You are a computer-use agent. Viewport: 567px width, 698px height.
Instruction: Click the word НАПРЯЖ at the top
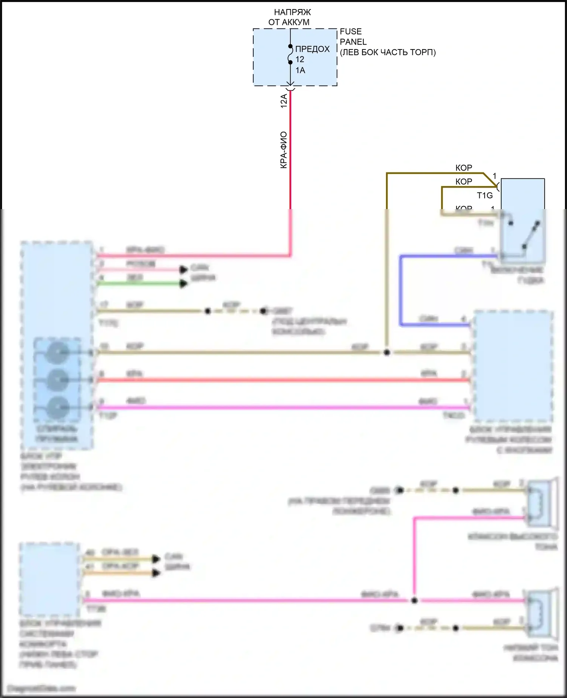tap(292, 12)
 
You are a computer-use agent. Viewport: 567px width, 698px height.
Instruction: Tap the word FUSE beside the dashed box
tap(350, 31)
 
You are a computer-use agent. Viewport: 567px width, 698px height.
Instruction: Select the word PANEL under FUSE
tap(353, 42)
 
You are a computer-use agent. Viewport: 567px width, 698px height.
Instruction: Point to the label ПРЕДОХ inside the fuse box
tap(312, 49)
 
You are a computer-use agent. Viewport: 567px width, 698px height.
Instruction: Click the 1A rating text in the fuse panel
tap(300, 70)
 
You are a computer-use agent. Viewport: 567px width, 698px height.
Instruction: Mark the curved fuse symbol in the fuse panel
tap(290, 54)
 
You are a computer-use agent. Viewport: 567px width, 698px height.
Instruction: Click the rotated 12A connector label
tap(283, 101)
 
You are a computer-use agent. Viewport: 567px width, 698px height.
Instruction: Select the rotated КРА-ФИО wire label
tap(283, 150)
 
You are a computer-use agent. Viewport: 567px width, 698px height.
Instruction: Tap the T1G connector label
tap(485, 195)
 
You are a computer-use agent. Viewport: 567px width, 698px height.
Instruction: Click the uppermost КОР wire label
tap(463, 168)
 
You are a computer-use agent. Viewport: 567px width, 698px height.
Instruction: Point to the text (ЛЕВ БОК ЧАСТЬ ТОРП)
tap(388, 52)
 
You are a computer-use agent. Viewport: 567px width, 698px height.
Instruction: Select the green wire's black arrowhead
tap(184, 284)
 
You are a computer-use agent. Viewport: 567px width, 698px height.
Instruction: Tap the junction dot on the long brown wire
tap(387, 352)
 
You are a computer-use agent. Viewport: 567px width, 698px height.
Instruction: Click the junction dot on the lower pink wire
tap(414, 600)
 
